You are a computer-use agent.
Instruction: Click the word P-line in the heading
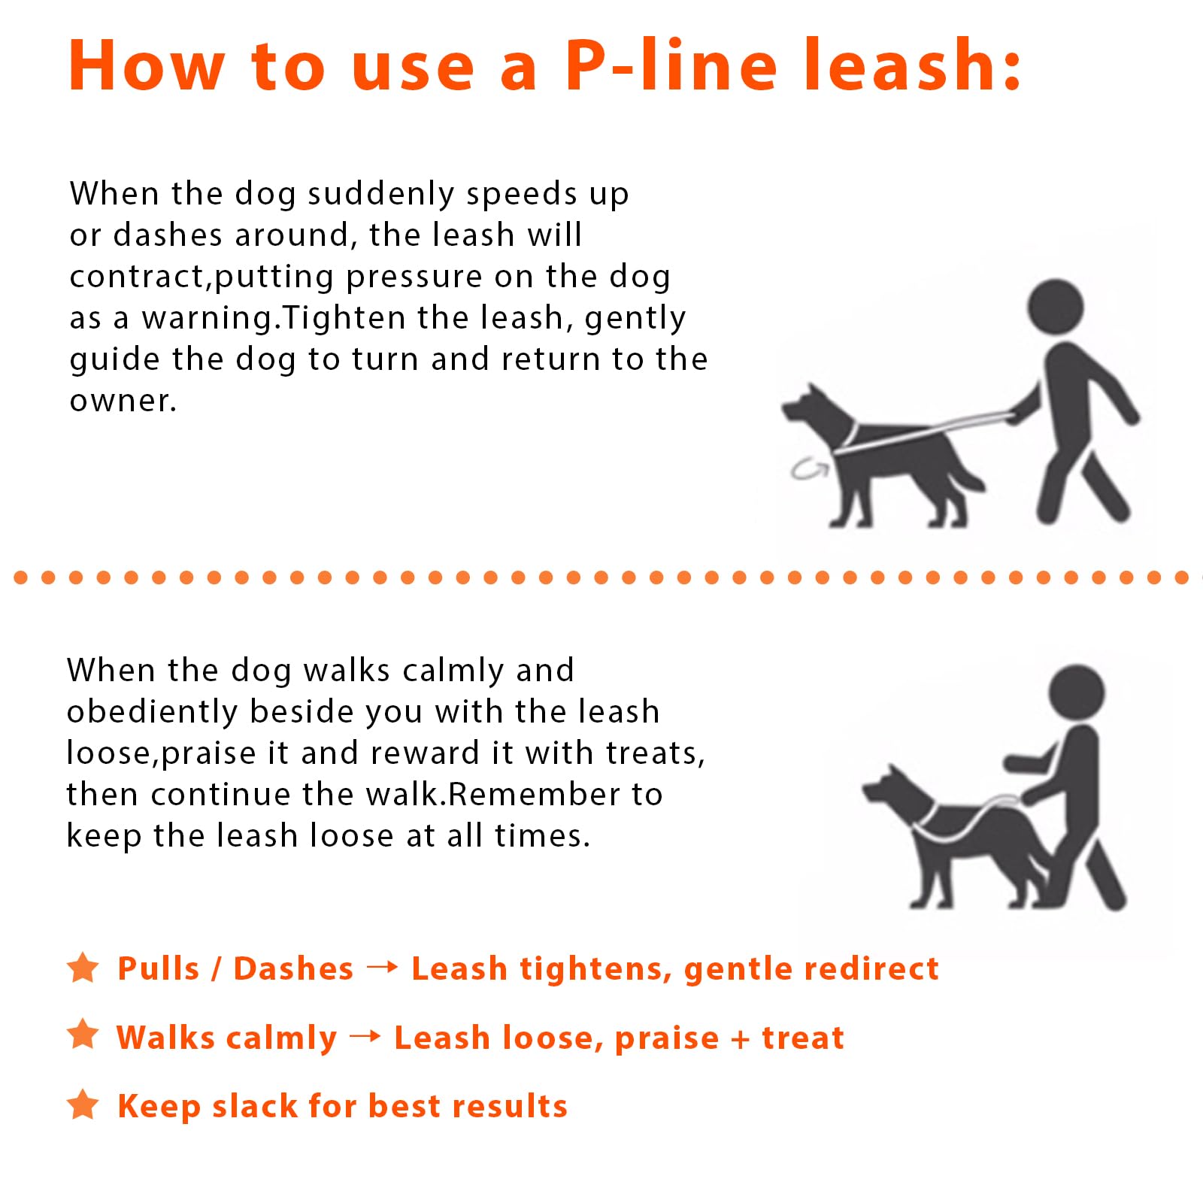pyautogui.click(x=670, y=65)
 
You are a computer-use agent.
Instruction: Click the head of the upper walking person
pyautogui.click(x=1056, y=307)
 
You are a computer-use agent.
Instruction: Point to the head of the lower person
pyautogui.click(x=1076, y=692)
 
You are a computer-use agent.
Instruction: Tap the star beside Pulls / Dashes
pyautogui.click(x=83, y=968)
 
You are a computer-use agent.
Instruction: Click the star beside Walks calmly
pyautogui.click(x=83, y=1035)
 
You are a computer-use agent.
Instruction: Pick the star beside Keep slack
pyautogui.click(x=83, y=1105)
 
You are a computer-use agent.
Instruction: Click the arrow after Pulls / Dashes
pyautogui.click(x=382, y=967)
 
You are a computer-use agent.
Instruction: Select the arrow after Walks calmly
pyautogui.click(x=365, y=1036)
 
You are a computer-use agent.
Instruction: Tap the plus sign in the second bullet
pyautogui.click(x=741, y=1039)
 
